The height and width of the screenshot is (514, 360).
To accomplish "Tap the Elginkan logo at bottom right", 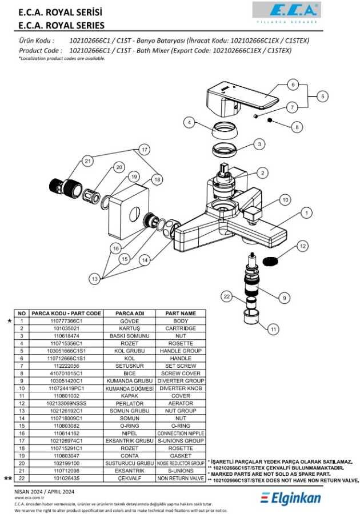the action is tap(290, 498).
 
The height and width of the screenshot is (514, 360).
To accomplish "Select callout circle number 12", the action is tap(303, 246).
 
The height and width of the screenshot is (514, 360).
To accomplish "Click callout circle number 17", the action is tap(144, 150).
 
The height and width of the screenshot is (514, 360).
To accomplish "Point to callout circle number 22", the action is tap(227, 296).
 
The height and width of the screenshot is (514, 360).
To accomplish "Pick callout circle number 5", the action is tap(323, 97).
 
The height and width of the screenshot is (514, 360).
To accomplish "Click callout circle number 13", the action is tap(95, 279).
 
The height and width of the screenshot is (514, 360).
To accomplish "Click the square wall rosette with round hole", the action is tap(129, 213).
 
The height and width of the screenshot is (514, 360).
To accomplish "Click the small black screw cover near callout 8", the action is tap(270, 120).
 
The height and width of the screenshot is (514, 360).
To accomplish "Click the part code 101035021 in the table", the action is tap(66, 328).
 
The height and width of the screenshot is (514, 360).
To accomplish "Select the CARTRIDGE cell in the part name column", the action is tap(181, 328).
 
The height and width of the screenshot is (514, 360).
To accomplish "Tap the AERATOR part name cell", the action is tap(181, 404).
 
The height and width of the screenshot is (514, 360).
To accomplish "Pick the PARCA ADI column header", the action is tap(130, 314).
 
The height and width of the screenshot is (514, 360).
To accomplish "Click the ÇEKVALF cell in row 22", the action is tap(130, 478).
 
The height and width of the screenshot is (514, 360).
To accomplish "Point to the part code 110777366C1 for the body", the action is tap(66, 321).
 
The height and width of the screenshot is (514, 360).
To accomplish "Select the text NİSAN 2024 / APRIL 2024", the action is tap(44, 492).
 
